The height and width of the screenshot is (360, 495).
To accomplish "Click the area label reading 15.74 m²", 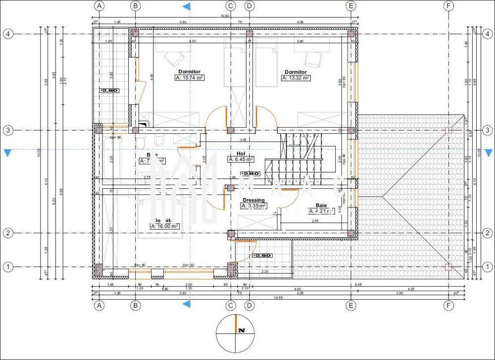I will click(190, 78).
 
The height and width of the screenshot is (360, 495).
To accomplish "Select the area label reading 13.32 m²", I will click(296, 78).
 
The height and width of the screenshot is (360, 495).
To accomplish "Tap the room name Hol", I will click(241, 154).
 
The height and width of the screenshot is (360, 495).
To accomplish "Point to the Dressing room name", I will click(253, 200).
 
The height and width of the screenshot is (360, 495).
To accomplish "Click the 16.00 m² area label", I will click(164, 226).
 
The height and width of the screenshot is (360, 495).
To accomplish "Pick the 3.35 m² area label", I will click(253, 206).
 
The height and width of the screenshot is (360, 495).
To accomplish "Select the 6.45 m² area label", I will click(241, 159).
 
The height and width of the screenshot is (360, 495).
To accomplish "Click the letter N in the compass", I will click(242, 330).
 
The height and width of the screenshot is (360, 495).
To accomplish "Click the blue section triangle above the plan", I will click(187, 6).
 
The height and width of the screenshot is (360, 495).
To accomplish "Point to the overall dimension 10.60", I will click(225, 16).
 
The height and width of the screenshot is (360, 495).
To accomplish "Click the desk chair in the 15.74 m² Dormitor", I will click(173, 59).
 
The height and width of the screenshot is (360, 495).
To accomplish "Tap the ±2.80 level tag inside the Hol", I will click(250, 174).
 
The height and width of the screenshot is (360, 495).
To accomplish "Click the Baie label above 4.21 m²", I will click(321, 205).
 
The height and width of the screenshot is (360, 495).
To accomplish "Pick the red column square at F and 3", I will click(448, 130).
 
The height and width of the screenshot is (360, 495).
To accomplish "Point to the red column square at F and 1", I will click(448, 267).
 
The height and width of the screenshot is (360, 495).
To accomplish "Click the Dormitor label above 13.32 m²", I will click(296, 72).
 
